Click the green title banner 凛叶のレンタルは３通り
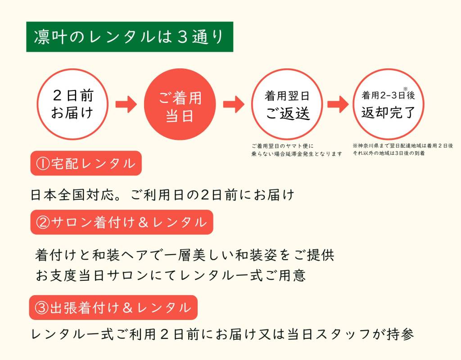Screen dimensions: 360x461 coord(129,37)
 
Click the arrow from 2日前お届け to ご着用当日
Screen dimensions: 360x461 coord(126,104)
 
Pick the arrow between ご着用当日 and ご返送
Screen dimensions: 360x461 coord(234,104)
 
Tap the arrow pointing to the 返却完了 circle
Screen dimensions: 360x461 coord(338,104)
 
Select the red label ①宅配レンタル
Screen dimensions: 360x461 coord(86,163)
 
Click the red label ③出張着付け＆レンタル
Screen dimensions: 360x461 coord(113,308)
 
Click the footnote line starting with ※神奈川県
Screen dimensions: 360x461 coord(403,146)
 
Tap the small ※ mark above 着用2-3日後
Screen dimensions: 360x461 coord(405,89)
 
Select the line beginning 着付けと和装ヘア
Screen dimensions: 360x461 coord(185,255)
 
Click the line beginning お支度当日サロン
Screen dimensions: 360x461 coord(171,275)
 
